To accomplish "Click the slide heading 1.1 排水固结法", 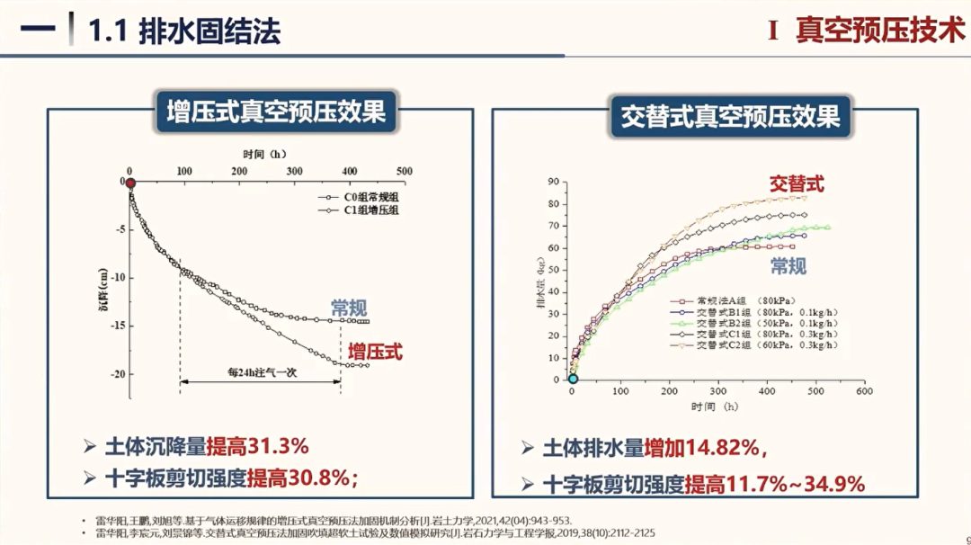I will pos(184,31).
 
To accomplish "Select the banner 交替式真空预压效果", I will pos(730,117).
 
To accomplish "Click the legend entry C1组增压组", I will pos(360,210).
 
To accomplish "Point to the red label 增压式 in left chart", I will pos(376,351).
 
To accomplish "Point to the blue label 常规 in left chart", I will pos(349,307).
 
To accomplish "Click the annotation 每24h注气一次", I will pos(261,372).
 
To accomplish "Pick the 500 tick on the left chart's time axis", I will pos(405,171).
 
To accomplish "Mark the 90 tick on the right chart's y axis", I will pos(554,182).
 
